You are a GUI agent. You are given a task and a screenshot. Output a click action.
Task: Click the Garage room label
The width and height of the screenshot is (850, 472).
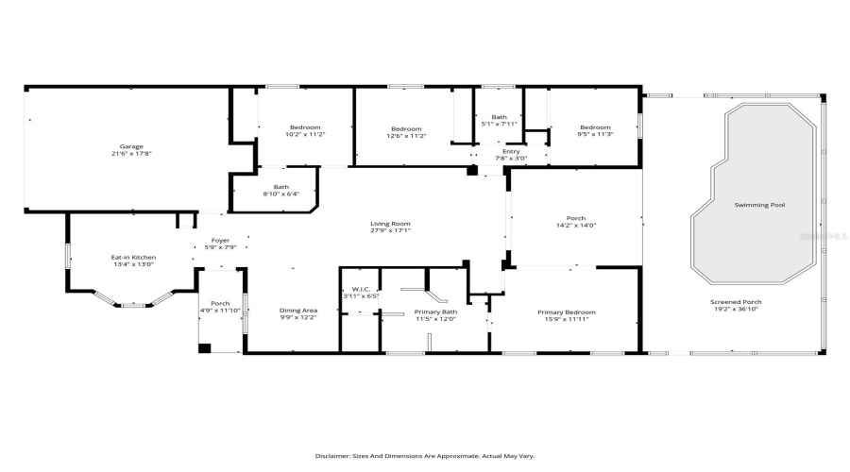pyautogui.click(x=130, y=146)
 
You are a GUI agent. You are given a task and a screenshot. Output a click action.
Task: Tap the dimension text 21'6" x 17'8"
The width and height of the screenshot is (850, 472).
pyautogui.click(x=130, y=154)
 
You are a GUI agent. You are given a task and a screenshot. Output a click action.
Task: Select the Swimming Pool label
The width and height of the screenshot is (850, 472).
pyautogui.click(x=760, y=205)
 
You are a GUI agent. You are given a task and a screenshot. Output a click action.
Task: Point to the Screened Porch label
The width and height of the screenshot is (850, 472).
pyautogui.click(x=736, y=302)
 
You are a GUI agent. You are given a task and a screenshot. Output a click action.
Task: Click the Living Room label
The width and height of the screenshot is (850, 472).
pyautogui.click(x=390, y=224)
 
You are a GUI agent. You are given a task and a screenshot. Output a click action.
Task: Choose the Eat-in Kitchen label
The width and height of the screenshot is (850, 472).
pyautogui.click(x=133, y=257)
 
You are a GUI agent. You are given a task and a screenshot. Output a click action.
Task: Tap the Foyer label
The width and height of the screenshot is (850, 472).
pyautogui.click(x=220, y=240)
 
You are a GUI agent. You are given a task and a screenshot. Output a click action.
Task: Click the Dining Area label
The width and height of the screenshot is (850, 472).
pyautogui.click(x=297, y=311)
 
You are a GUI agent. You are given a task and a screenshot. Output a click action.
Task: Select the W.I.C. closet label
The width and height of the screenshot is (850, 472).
pyautogui.click(x=359, y=289)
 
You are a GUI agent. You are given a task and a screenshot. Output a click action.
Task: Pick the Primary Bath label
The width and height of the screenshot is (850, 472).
pyautogui.click(x=435, y=312)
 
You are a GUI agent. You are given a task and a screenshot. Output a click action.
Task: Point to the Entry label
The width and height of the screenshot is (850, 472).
pyautogui.click(x=511, y=151)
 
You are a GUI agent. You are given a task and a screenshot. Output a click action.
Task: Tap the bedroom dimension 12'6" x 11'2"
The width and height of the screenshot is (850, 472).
pyautogui.click(x=406, y=136)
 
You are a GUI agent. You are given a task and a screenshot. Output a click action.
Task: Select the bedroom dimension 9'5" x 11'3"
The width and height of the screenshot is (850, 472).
pyautogui.click(x=595, y=135)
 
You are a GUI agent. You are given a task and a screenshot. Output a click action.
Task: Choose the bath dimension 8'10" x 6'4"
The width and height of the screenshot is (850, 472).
pyautogui.click(x=280, y=194)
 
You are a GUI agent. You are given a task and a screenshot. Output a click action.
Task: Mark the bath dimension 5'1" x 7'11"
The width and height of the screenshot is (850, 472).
pyautogui.click(x=500, y=124)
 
